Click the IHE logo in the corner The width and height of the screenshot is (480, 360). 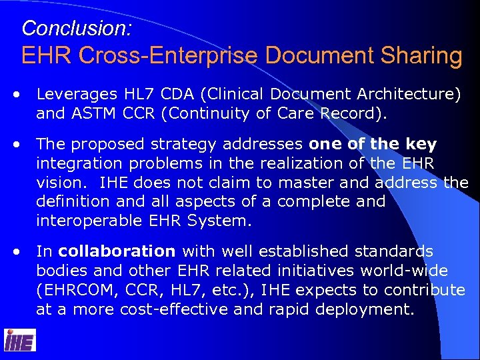pos(20,341)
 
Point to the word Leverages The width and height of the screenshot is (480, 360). pos(76,95)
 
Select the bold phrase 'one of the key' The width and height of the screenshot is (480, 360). pos(373,144)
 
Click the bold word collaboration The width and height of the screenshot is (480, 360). pos(117,252)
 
